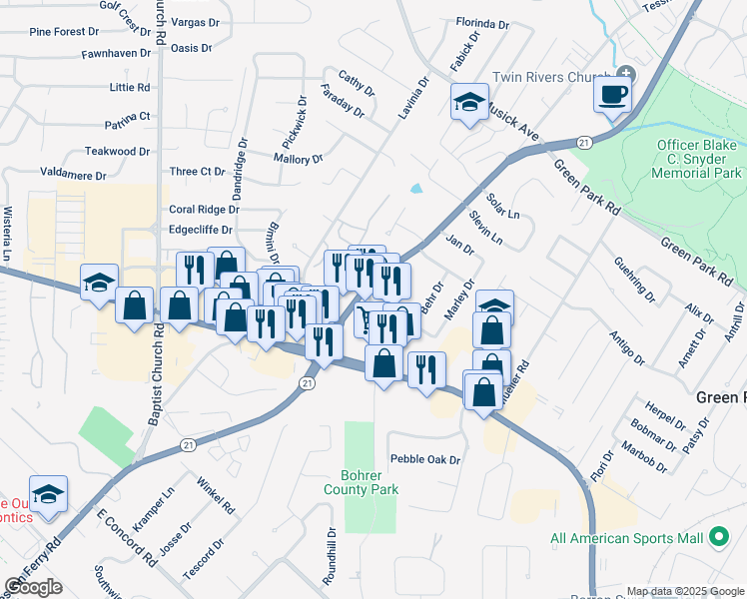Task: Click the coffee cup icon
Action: click(x=612, y=96)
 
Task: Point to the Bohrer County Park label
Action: click(x=361, y=482)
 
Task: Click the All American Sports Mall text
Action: click(x=627, y=539)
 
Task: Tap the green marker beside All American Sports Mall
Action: click(x=718, y=539)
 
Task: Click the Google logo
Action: click(x=33, y=587)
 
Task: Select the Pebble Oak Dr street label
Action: click(x=425, y=460)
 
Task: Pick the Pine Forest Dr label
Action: click(x=57, y=32)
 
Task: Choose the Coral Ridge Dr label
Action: click(x=204, y=210)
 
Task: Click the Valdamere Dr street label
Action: click(x=72, y=175)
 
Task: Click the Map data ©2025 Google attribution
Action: click(x=685, y=591)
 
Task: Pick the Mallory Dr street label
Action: click(x=298, y=159)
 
